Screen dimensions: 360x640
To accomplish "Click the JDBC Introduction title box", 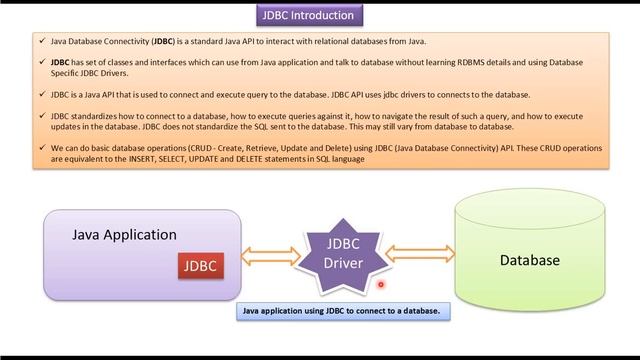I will [306, 15].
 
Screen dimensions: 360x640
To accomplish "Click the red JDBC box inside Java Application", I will [201, 266].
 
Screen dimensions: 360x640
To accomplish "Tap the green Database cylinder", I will [529, 255].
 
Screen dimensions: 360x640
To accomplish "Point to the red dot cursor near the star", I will [381, 285].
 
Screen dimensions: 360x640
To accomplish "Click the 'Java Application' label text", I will [124, 235].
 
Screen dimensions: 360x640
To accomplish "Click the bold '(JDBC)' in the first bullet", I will [165, 41].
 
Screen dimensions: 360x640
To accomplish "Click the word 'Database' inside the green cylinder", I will [529, 260].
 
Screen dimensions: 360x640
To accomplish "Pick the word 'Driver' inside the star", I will [343, 262].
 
